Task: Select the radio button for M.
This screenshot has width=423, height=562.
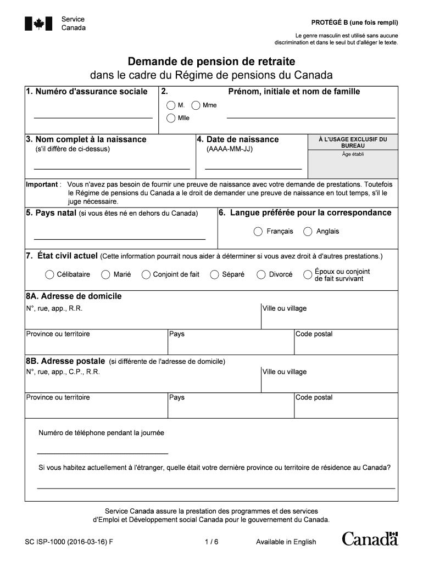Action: [x=171, y=105]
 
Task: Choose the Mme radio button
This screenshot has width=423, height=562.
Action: [x=196, y=105]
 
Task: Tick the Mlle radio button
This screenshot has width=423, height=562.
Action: [x=171, y=118]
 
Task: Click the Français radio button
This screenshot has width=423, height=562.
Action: [x=258, y=232]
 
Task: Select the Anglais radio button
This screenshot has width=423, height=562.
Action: [x=308, y=232]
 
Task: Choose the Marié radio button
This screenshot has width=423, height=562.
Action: [x=105, y=274]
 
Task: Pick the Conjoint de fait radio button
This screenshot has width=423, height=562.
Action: [x=146, y=274]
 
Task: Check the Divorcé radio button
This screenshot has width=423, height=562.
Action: [x=261, y=274]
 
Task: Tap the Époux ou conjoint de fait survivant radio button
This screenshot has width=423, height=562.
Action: [x=308, y=274]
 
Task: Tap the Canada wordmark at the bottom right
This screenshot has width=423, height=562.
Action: [x=370, y=539]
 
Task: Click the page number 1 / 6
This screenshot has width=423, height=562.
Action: [x=211, y=542]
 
